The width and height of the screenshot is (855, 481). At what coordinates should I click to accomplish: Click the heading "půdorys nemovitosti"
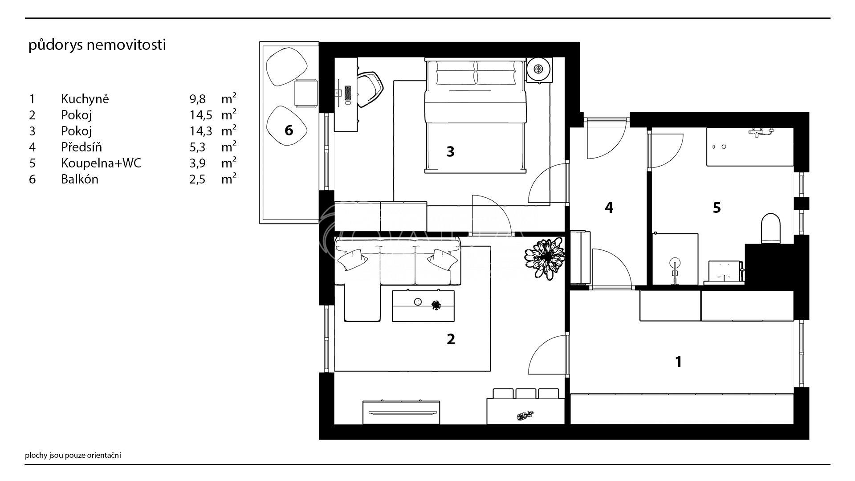(97, 45)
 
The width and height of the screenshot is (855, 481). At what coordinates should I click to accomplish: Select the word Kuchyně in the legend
(85, 99)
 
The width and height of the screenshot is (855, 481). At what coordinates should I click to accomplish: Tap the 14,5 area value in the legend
(198, 115)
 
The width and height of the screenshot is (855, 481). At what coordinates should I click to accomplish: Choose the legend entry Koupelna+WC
(101, 163)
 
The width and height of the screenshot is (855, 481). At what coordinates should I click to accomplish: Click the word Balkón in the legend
(80, 179)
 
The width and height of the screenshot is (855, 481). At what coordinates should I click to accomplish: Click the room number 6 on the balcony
(289, 130)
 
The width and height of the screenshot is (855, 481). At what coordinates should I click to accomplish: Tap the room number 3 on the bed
(451, 152)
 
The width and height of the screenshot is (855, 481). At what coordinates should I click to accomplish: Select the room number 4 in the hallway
(609, 208)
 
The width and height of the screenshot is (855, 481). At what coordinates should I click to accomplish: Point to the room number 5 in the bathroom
(717, 208)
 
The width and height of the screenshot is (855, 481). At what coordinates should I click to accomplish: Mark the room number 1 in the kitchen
(679, 362)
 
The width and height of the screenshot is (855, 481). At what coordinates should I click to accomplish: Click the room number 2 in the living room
(451, 339)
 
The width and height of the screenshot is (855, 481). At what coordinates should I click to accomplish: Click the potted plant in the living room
(545, 259)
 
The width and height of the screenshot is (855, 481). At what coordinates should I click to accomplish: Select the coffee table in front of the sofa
(423, 306)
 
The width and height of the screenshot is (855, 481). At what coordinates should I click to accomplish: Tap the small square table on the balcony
(306, 93)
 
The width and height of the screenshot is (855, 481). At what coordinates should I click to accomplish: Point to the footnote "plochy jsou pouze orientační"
(73, 455)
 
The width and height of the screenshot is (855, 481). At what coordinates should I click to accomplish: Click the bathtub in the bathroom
(750, 147)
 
